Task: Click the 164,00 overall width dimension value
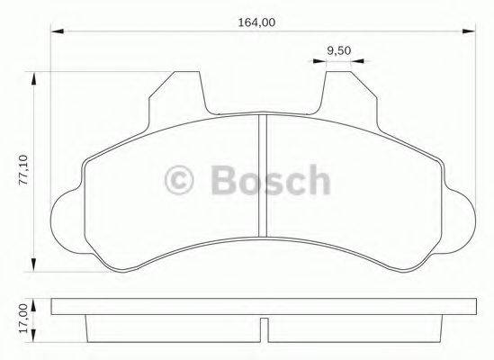(x=261, y=23)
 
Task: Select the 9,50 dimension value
(x=338, y=50)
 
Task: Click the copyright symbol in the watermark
(x=182, y=180)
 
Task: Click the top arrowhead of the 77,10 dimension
(x=35, y=80)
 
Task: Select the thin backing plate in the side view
(x=261, y=308)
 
